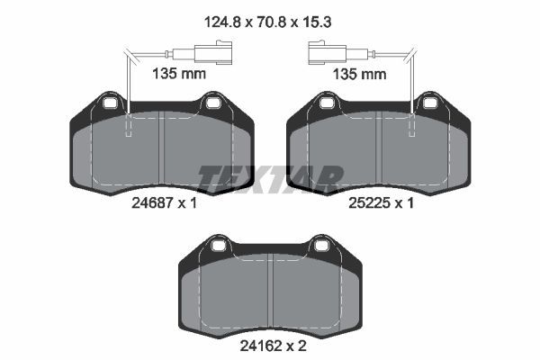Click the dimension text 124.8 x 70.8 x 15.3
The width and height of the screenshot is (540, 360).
[x=267, y=22]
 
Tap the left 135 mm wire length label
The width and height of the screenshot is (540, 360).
[x=179, y=74]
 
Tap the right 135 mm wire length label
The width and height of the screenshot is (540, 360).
[x=359, y=74]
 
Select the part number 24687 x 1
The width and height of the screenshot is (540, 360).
[x=164, y=203]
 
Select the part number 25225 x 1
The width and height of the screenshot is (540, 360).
[x=381, y=203]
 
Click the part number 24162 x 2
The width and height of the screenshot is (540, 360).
[x=273, y=346]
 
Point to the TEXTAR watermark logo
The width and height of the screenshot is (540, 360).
[x=270, y=179]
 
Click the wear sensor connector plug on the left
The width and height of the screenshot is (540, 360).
[x=213, y=52]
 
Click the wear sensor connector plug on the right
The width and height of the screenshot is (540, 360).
[x=327, y=52]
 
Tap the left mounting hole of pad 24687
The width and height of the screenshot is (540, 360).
[x=111, y=103]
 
